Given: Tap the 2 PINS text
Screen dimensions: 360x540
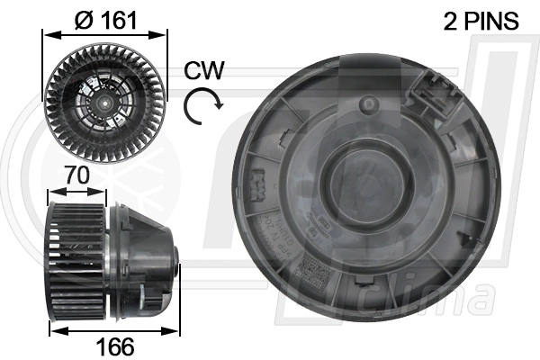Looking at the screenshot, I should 481,22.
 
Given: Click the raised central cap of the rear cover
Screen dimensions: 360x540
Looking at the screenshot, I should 367,180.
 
